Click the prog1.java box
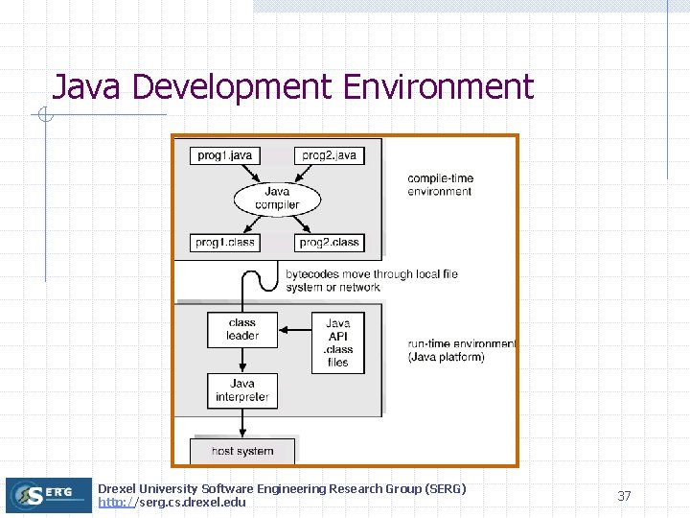pos(225,155)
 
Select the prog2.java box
pos(329,155)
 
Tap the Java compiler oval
pos(277,199)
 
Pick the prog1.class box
pos(225,243)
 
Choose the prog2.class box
pos(329,243)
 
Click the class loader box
pos(242,329)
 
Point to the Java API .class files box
pos(337,342)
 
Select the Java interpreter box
pos(242,390)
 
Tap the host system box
pos(242,451)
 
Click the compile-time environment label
pos(440,185)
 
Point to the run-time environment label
pos(461,350)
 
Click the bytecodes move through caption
pos(371,280)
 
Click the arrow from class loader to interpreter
pos(242,360)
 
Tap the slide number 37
pos(624,496)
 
